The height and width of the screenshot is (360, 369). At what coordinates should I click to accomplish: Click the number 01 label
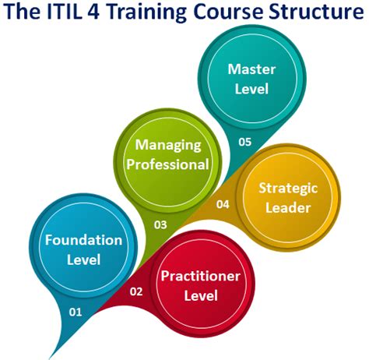coord(76,312)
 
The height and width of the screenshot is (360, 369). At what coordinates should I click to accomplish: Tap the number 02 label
coord(136,292)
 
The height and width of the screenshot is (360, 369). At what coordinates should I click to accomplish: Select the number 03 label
coord(161,225)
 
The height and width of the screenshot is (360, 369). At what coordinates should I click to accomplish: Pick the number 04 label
coord(223,205)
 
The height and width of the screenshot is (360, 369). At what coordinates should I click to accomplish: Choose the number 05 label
coord(246,143)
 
